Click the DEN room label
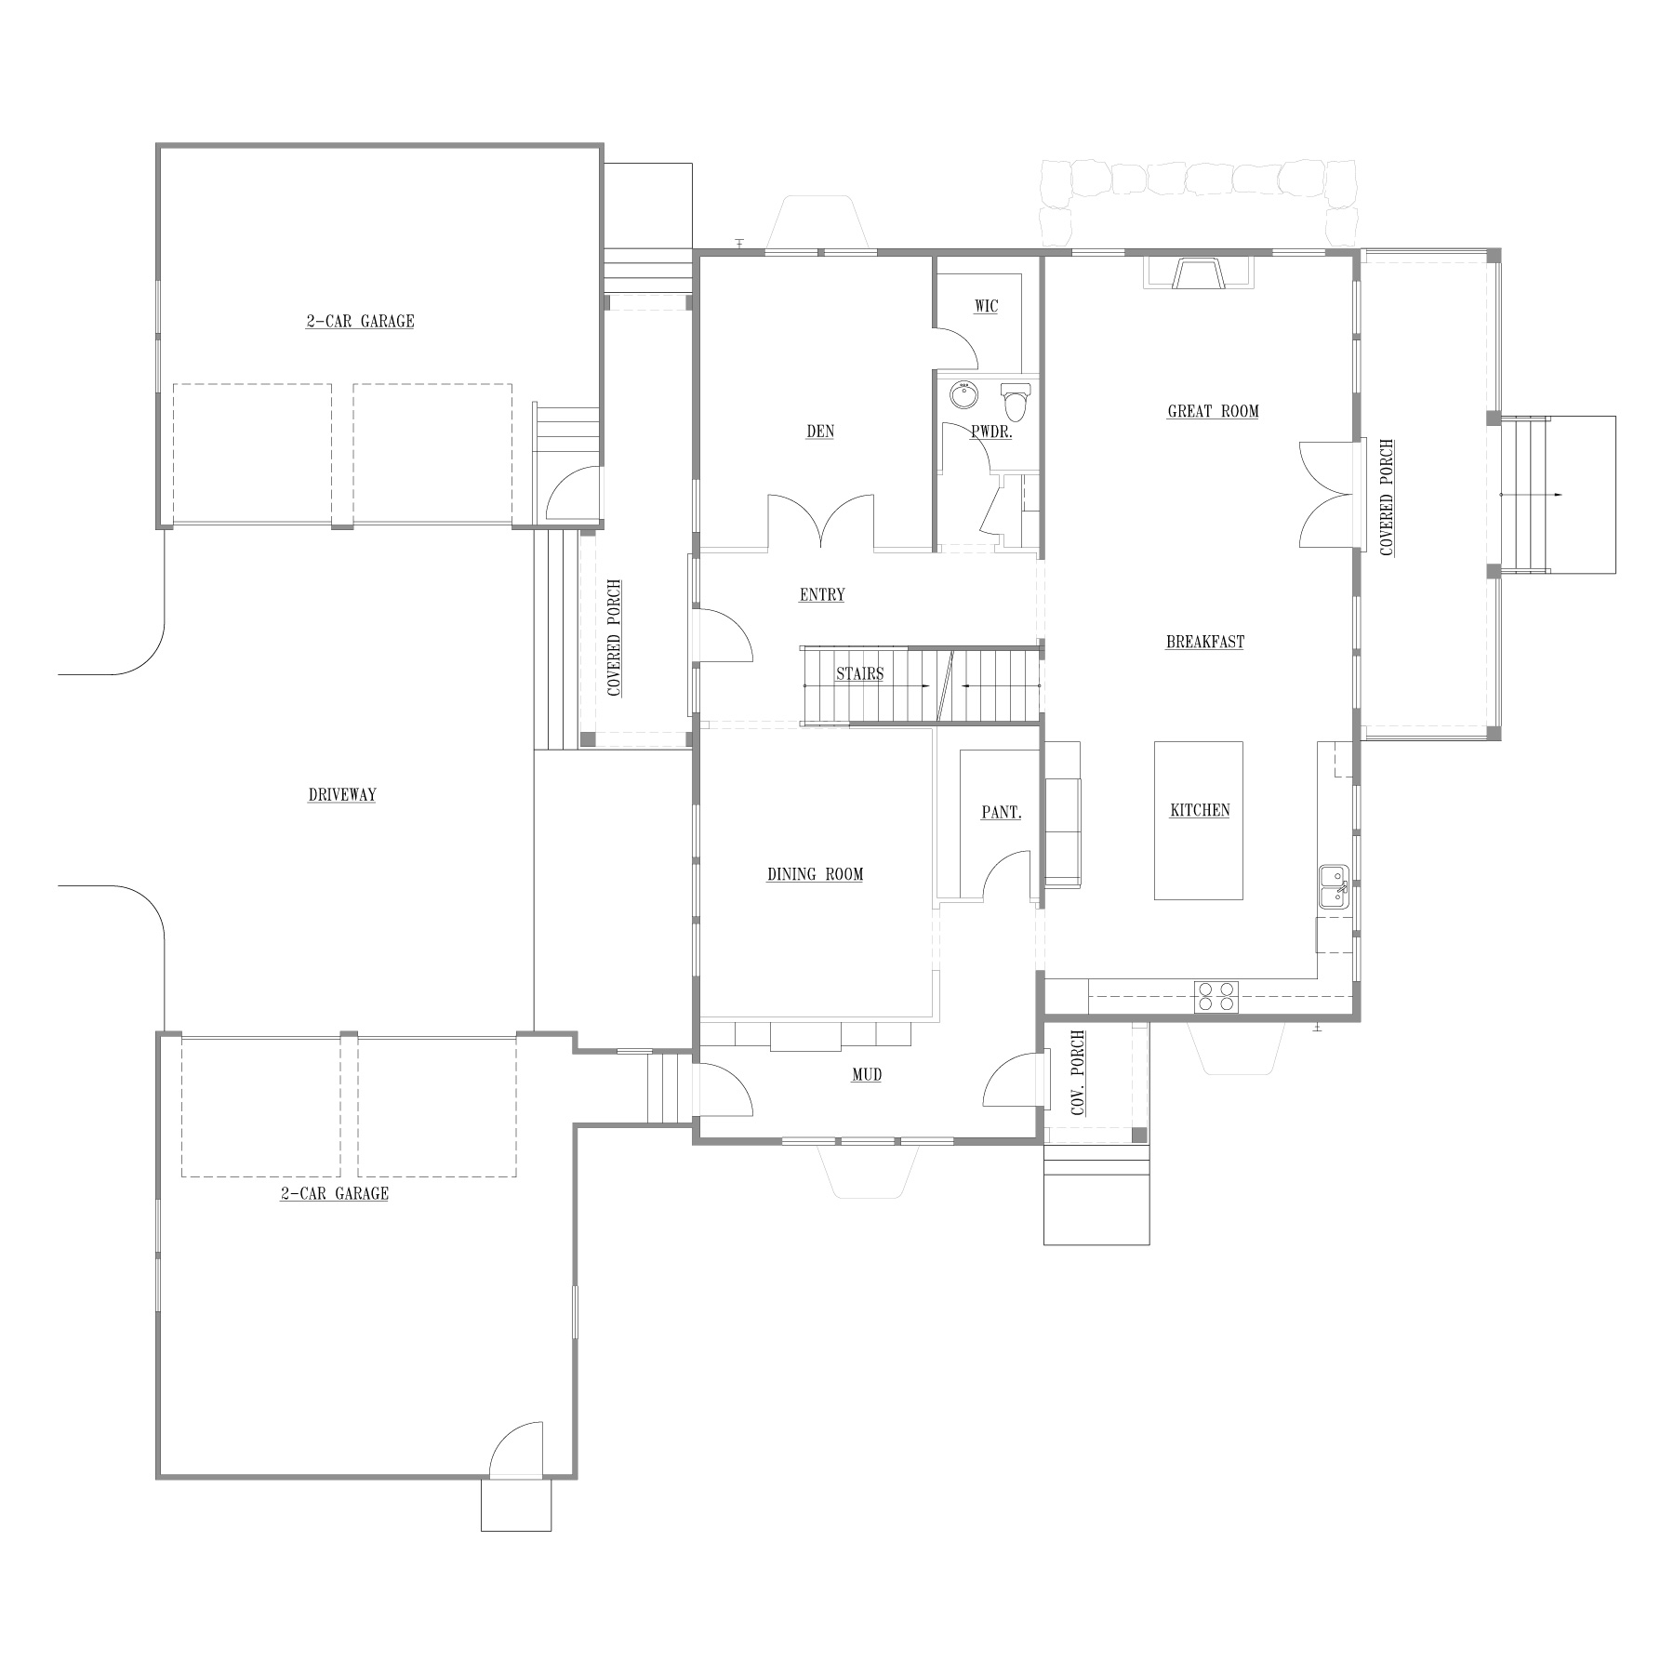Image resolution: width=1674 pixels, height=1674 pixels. [820, 432]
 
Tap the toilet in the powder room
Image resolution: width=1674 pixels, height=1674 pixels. [1016, 402]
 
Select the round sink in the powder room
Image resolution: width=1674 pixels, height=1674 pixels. [964, 395]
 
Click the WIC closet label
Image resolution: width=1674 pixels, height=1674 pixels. [986, 306]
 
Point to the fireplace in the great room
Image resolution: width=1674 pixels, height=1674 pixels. [1198, 272]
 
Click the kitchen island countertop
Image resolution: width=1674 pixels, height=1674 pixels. [1199, 819]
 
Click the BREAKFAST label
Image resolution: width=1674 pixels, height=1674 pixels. [1205, 642]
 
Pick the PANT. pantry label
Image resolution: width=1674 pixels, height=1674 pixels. [1002, 812]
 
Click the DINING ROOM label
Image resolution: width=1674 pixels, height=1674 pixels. [815, 874]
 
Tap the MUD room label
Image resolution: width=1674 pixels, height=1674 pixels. [867, 1075]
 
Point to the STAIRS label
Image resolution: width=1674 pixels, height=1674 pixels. [859, 673]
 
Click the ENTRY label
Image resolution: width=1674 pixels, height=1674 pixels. [822, 594]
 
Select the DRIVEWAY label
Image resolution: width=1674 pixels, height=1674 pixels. [341, 795]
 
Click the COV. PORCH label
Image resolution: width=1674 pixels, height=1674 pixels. [1078, 1073]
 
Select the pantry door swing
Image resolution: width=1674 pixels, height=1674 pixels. [1007, 876]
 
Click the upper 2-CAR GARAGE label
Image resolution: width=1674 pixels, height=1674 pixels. [360, 322]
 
